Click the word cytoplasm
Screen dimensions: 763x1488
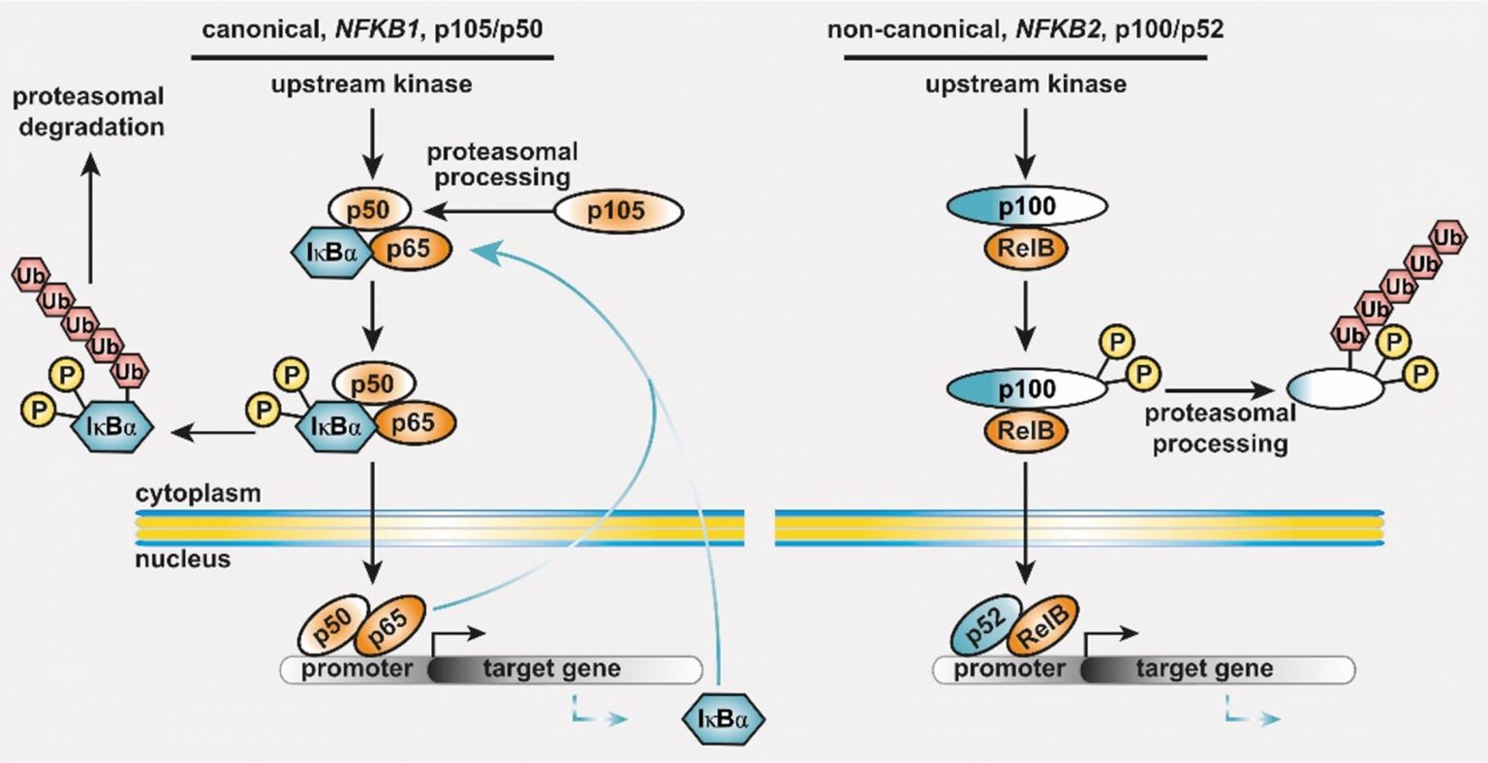(x=199, y=493)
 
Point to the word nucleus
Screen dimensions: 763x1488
(x=183, y=559)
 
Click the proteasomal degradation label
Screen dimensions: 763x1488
(x=89, y=111)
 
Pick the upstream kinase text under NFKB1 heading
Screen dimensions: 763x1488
(x=372, y=84)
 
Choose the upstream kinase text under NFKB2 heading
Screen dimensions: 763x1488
(x=1026, y=84)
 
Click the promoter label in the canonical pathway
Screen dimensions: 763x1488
(x=356, y=669)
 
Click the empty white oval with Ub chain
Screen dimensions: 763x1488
(x=1335, y=389)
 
